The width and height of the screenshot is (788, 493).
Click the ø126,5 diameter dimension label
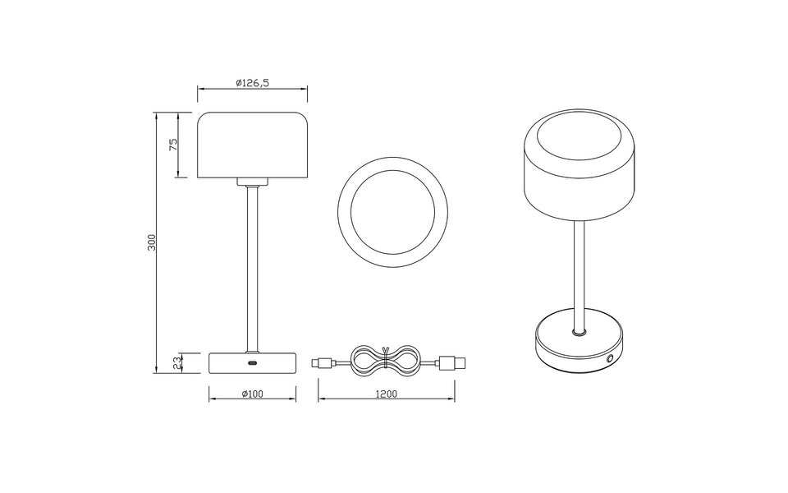coord(252,82)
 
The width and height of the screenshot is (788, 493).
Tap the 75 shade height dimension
coord(173,145)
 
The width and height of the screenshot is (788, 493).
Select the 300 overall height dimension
coord(151,243)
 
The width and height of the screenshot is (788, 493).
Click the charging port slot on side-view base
coord(252,362)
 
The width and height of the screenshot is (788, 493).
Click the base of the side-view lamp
coord(252,362)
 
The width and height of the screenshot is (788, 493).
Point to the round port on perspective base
coord(610,359)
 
